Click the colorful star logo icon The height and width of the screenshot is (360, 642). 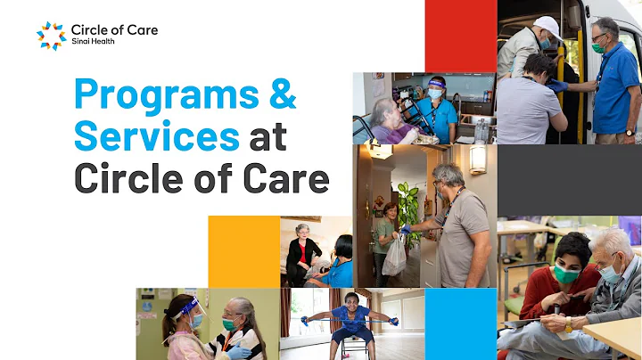click(x=50, y=36)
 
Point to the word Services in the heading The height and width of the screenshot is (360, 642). click(x=156, y=137)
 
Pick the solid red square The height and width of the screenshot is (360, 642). click(x=460, y=36)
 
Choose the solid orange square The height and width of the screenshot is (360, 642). click(x=243, y=251)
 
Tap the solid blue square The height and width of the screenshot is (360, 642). click(x=460, y=323)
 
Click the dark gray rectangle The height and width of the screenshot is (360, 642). click(x=569, y=180)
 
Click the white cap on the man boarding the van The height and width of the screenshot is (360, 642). click(x=546, y=26)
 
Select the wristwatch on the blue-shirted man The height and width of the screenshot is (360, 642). click(x=630, y=133)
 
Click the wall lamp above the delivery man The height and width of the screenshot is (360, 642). click(x=478, y=159)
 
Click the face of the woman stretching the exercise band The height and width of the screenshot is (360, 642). click(x=350, y=300)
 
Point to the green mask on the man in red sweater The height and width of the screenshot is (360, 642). click(x=567, y=275)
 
